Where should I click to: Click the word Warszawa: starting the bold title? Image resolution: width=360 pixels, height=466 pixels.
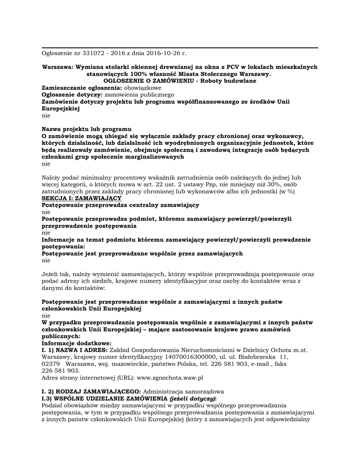[57, 67]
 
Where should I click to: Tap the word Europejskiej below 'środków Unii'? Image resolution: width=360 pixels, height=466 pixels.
[61, 108]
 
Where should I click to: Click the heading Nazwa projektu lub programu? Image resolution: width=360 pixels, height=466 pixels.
[86, 129]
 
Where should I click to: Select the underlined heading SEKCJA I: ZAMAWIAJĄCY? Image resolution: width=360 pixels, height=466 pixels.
[81, 198]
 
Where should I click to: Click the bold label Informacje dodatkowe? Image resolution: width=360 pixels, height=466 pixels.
[76, 343]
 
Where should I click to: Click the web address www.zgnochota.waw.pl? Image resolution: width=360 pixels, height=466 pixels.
[170, 378]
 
